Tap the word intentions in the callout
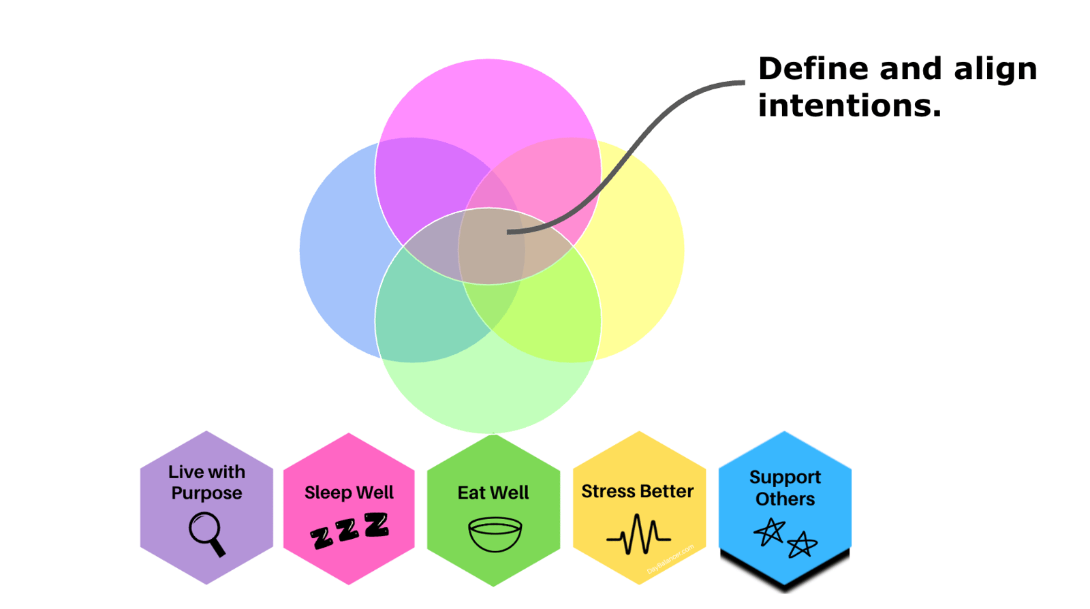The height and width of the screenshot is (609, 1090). tap(850, 106)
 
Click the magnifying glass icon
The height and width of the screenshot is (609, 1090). tap(206, 534)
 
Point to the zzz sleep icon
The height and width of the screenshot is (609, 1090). tap(349, 530)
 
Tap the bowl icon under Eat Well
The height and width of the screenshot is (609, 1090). tap(495, 534)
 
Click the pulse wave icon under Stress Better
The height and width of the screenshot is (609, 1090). tap(638, 535)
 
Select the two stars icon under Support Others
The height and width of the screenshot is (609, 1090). tap(785, 538)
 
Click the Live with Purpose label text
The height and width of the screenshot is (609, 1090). tap(206, 482)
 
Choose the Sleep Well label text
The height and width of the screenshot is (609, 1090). tap(349, 493)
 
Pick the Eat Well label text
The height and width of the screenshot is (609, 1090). tap(493, 493)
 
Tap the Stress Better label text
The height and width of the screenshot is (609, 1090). tap(637, 491)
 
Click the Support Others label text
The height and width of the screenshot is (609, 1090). tap(785, 488)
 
